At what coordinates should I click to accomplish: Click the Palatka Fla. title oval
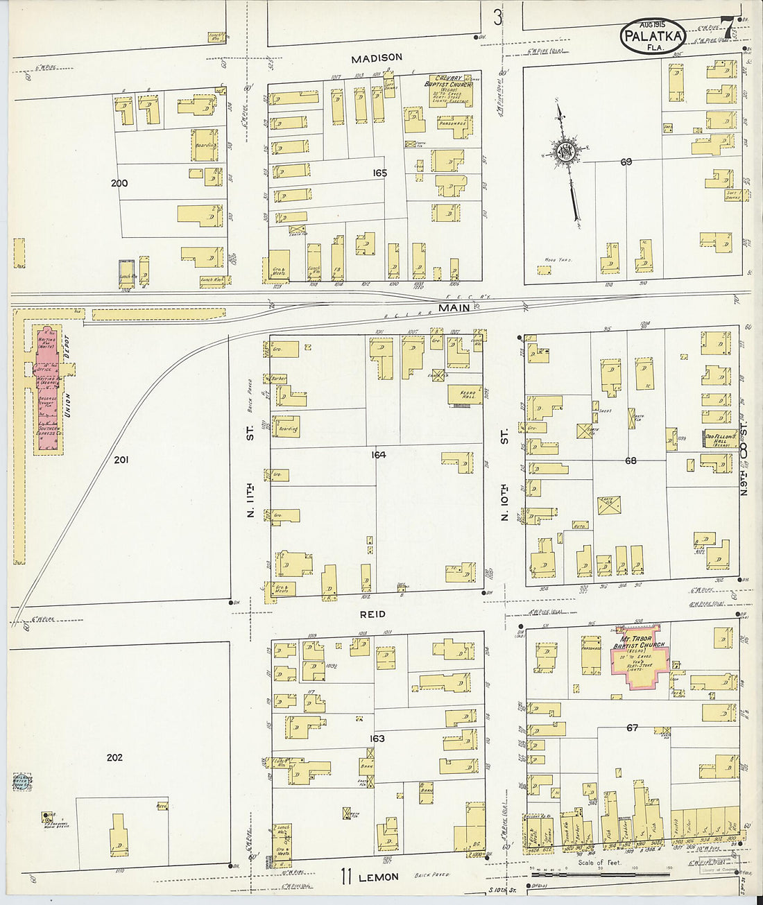point(651,34)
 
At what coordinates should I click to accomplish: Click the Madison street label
point(376,58)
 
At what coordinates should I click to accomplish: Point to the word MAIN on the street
point(454,307)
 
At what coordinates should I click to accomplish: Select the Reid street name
point(372,614)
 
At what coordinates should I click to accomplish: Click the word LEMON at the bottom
point(379,877)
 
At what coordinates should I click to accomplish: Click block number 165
point(379,173)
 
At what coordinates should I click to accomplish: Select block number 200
point(119,184)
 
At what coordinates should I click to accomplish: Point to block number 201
point(122,459)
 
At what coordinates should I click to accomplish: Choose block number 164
point(378,455)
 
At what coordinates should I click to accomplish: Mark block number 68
point(630,460)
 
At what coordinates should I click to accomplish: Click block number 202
point(114,757)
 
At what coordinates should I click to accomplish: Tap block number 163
point(377,739)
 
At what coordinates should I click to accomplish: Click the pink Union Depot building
point(46,388)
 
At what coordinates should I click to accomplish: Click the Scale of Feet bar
point(600,874)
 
